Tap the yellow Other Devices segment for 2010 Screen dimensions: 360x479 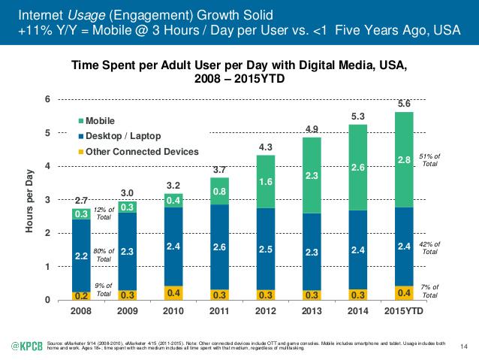(173, 292)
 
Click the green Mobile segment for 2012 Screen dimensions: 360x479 (266, 182)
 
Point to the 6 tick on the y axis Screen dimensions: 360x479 (48, 100)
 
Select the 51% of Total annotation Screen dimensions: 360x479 (430, 159)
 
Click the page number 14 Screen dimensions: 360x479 (462, 345)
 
